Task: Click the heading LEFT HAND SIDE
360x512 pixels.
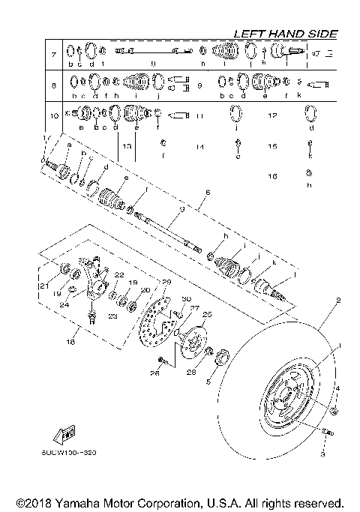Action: pyautogui.click(x=285, y=34)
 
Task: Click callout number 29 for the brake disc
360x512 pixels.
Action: pyautogui.click(x=166, y=282)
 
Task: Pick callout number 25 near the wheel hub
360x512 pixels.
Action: pyautogui.click(x=208, y=314)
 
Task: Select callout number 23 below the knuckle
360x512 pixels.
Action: pyautogui.click(x=112, y=316)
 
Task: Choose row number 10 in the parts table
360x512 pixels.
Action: pyautogui.click(x=53, y=116)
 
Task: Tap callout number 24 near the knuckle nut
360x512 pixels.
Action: pyautogui.click(x=64, y=304)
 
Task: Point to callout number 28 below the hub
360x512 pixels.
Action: pyautogui.click(x=191, y=372)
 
